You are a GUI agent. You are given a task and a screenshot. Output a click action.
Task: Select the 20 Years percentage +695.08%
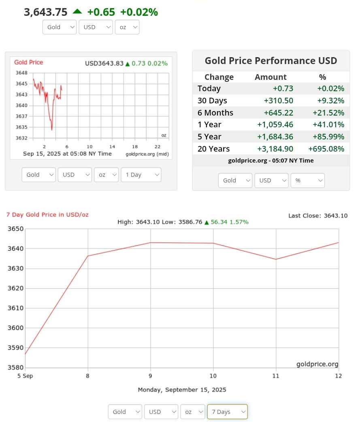(x=326, y=149)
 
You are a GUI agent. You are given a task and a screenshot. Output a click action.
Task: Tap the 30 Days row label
(x=212, y=101)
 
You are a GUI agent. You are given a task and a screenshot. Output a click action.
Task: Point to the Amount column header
(x=271, y=77)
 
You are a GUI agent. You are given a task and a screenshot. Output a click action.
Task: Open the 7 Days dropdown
(x=227, y=411)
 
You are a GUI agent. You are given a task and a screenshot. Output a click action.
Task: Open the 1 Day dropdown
(x=141, y=175)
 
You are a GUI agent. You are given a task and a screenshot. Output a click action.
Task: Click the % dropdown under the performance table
(x=307, y=180)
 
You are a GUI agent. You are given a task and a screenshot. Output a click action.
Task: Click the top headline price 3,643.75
(x=46, y=12)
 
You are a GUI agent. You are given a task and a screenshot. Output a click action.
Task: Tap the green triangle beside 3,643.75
(x=77, y=11)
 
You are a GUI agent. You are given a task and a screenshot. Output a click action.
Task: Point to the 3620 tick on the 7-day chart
(x=15, y=288)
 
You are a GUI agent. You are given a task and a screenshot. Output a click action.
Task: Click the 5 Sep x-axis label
(x=25, y=376)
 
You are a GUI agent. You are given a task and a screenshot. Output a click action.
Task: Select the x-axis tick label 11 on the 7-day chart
(x=276, y=376)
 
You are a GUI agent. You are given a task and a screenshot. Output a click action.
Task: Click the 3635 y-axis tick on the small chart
(x=21, y=127)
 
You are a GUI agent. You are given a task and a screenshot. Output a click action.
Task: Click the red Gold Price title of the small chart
(x=28, y=62)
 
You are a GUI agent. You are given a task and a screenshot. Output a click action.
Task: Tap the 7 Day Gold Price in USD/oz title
(x=47, y=214)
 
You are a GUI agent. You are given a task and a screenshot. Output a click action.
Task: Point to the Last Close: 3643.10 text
(x=318, y=216)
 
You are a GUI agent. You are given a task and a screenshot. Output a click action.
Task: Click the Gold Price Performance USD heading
(x=271, y=61)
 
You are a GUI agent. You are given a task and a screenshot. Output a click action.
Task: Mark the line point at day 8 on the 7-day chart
(x=88, y=256)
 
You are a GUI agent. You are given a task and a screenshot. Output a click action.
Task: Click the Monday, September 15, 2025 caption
(x=182, y=390)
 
